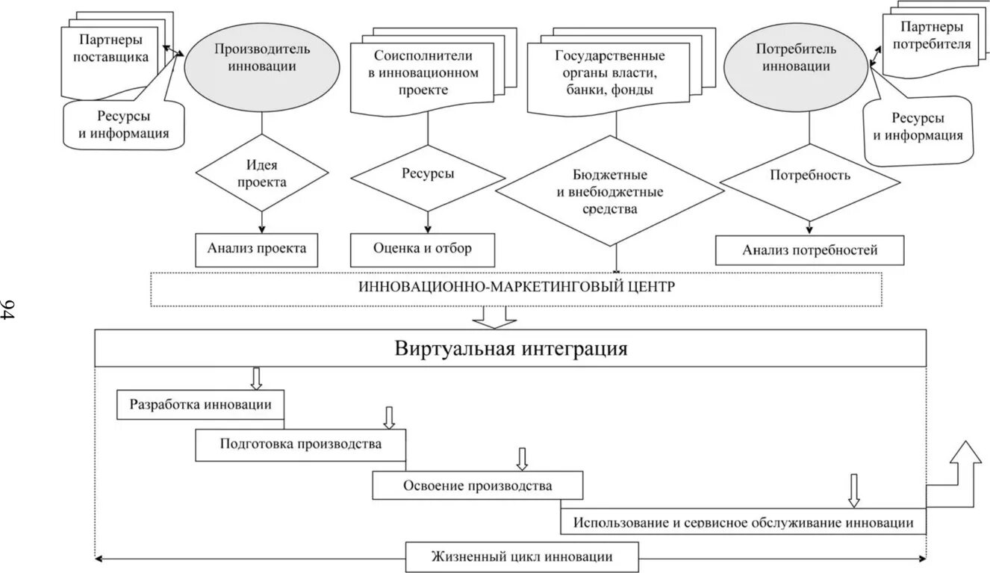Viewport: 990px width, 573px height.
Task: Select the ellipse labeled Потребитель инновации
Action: click(796, 58)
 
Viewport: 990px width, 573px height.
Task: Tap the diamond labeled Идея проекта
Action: click(261, 173)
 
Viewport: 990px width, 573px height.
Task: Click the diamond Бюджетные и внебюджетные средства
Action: click(609, 191)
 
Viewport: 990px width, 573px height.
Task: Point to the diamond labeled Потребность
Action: click(810, 176)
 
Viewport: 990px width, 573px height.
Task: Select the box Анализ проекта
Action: click(257, 250)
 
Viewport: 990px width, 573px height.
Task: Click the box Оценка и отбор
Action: click(423, 250)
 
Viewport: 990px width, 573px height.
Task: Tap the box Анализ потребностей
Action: click(809, 250)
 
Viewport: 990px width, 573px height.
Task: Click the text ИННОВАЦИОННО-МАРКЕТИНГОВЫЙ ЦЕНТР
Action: click(515, 288)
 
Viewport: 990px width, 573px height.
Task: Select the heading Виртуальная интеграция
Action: click(511, 349)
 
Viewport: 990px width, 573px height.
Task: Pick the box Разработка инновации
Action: click(201, 404)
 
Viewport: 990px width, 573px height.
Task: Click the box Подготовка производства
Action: click(301, 445)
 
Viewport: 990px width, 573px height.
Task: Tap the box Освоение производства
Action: click(478, 486)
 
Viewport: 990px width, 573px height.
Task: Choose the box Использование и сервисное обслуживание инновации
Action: click(743, 521)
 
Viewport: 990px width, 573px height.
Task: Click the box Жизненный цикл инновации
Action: click(522, 557)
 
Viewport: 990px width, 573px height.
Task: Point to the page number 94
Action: click(10, 309)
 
